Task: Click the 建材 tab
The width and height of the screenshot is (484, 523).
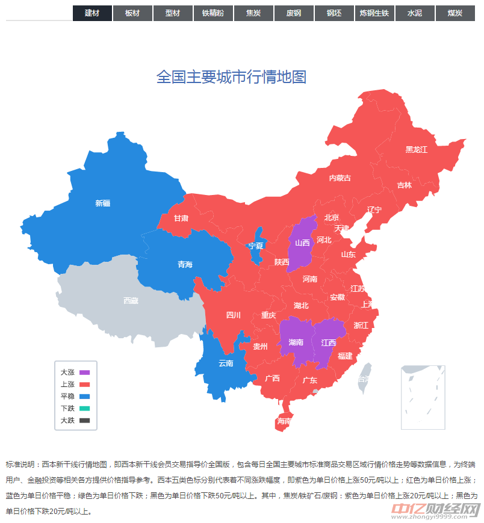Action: tap(92, 13)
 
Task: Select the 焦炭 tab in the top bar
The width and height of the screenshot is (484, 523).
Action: tap(253, 13)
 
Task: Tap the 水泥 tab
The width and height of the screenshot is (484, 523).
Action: tap(414, 13)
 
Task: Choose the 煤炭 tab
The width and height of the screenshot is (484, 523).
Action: tap(455, 13)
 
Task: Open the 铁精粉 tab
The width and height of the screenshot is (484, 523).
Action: tap(213, 13)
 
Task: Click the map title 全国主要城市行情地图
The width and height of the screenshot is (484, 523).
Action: tap(232, 77)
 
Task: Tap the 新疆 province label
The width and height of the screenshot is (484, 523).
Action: tap(103, 203)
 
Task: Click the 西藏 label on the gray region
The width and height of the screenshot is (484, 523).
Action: tap(131, 300)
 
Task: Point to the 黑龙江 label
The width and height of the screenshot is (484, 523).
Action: tap(416, 149)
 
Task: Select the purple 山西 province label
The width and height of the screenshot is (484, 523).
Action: tap(302, 243)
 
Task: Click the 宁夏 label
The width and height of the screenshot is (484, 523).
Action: tap(256, 246)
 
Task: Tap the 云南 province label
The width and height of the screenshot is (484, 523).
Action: tap(226, 363)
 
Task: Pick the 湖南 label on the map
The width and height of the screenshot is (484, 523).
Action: tap(296, 342)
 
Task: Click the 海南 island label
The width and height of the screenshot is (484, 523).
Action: tap(284, 421)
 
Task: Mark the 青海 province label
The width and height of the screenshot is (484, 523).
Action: tap(185, 265)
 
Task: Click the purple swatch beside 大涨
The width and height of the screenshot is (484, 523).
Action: tap(84, 373)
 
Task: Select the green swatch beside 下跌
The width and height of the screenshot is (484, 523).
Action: tap(84, 409)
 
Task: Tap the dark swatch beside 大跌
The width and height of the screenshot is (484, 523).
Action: tap(84, 421)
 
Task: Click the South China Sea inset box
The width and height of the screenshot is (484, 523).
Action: tap(423, 397)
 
